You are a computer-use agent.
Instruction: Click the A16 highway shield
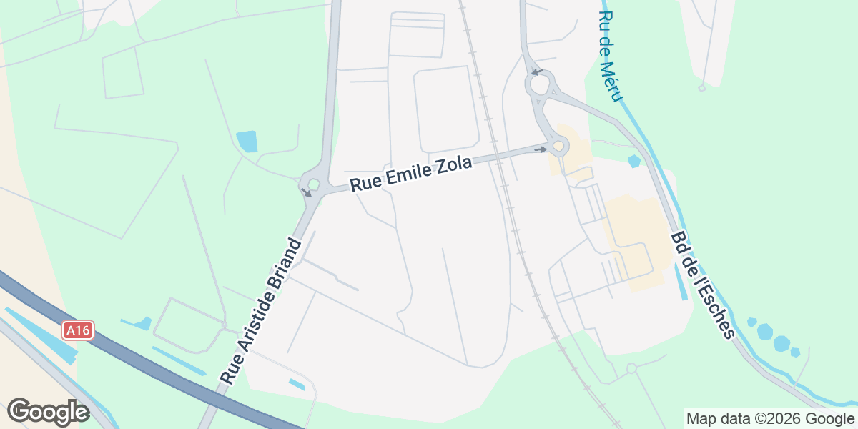[78, 330]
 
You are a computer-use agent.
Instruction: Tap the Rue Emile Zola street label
[411, 174]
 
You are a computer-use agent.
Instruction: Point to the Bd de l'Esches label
[703, 285]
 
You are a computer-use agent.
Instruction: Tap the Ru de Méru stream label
[610, 56]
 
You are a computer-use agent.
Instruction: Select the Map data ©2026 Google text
[769, 418]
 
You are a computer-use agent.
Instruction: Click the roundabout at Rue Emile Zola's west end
[314, 184]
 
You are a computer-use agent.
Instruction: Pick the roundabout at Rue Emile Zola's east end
[558, 147]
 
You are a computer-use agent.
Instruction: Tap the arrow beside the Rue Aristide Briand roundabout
[307, 192]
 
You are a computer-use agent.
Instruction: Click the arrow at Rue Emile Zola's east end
[541, 149]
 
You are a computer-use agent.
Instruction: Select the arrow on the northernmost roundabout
[537, 72]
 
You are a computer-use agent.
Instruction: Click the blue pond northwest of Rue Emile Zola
[247, 142]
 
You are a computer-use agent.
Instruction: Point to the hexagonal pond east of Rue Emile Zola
[633, 162]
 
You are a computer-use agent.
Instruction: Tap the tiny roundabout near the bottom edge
[631, 368]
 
